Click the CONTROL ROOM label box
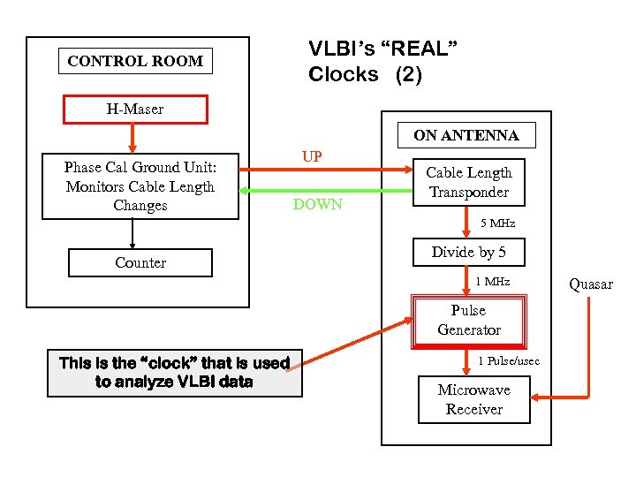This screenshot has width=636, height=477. pyautogui.click(x=135, y=61)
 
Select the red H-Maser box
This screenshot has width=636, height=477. pyautogui.click(x=135, y=110)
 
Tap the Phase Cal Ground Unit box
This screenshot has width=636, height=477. pyautogui.click(x=140, y=186)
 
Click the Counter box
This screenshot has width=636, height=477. pyautogui.click(x=140, y=262)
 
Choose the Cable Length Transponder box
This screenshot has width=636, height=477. pyautogui.click(x=468, y=182)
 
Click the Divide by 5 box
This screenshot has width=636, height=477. pyautogui.click(x=468, y=253)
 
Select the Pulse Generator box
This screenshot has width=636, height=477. pyautogui.click(x=468, y=321)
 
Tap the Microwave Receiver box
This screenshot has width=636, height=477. pyautogui.click(x=473, y=399)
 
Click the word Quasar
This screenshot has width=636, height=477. pyautogui.click(x=590, y=284)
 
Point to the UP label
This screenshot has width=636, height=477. pyautogui.click(x=311, y=157)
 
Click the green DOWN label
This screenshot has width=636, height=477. pyautogui.click(x=319, y=205)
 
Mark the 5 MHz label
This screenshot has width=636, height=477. pyautogui.click(x=497, y=223)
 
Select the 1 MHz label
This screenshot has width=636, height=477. pyautogui.click(x=493, y=282)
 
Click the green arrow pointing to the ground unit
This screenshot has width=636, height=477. pyautogui.click(x=318, y=191)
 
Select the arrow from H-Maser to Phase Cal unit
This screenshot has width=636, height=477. pyautogui.click(x=132, y=137)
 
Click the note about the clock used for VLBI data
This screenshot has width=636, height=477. pyautogui.click(x=174, y=373)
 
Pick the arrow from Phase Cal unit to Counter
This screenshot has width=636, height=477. pyautogui.click(x=132, y=233)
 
